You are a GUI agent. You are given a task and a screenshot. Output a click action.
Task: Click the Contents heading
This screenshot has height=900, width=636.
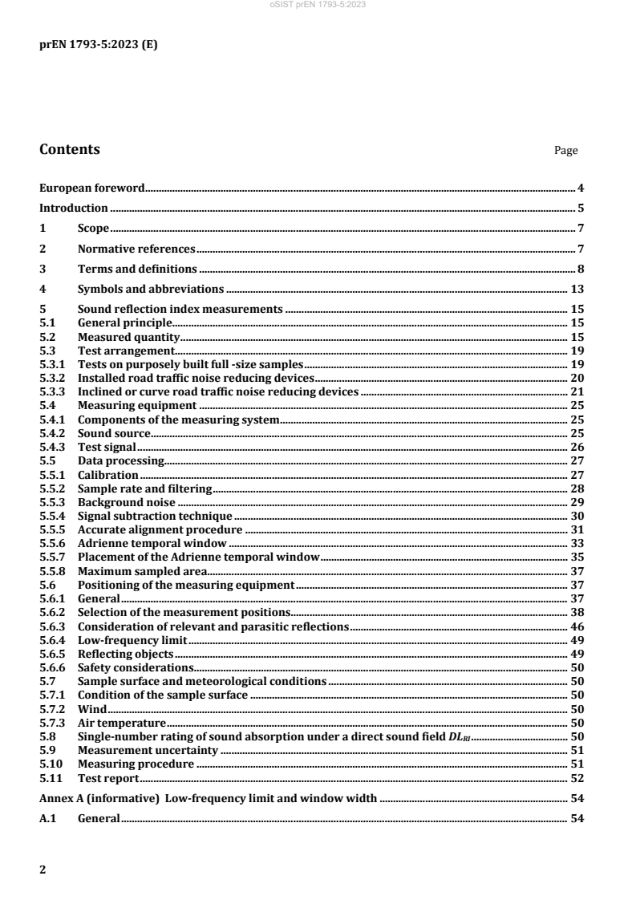[x=70, y=149]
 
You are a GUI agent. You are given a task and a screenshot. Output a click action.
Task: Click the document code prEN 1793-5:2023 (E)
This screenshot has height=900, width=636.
[x=99, y=45]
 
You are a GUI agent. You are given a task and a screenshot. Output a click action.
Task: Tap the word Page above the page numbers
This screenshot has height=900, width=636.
[x=565, y=150]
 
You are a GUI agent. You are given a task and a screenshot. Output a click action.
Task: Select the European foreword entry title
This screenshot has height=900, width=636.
[x=92, y=189]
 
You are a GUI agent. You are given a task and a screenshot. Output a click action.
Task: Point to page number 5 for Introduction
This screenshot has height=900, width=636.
[x=580, y=209]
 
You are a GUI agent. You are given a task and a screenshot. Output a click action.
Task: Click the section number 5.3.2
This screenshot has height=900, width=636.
[x=54, y=377]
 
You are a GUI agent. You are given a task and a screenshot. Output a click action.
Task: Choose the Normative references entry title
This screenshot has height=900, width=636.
[x=136, y=249]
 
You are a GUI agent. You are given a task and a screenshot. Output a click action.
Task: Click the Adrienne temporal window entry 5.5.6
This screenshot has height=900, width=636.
[x=152, y=543]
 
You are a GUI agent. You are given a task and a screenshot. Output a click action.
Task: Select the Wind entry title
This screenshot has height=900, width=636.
[x=91, y=709]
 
